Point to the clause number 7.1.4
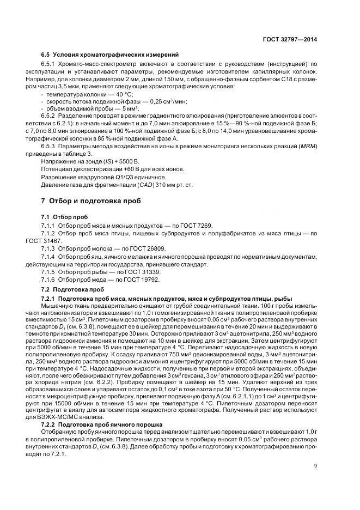coord(50,256)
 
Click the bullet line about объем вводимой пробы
coord(82,110)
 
